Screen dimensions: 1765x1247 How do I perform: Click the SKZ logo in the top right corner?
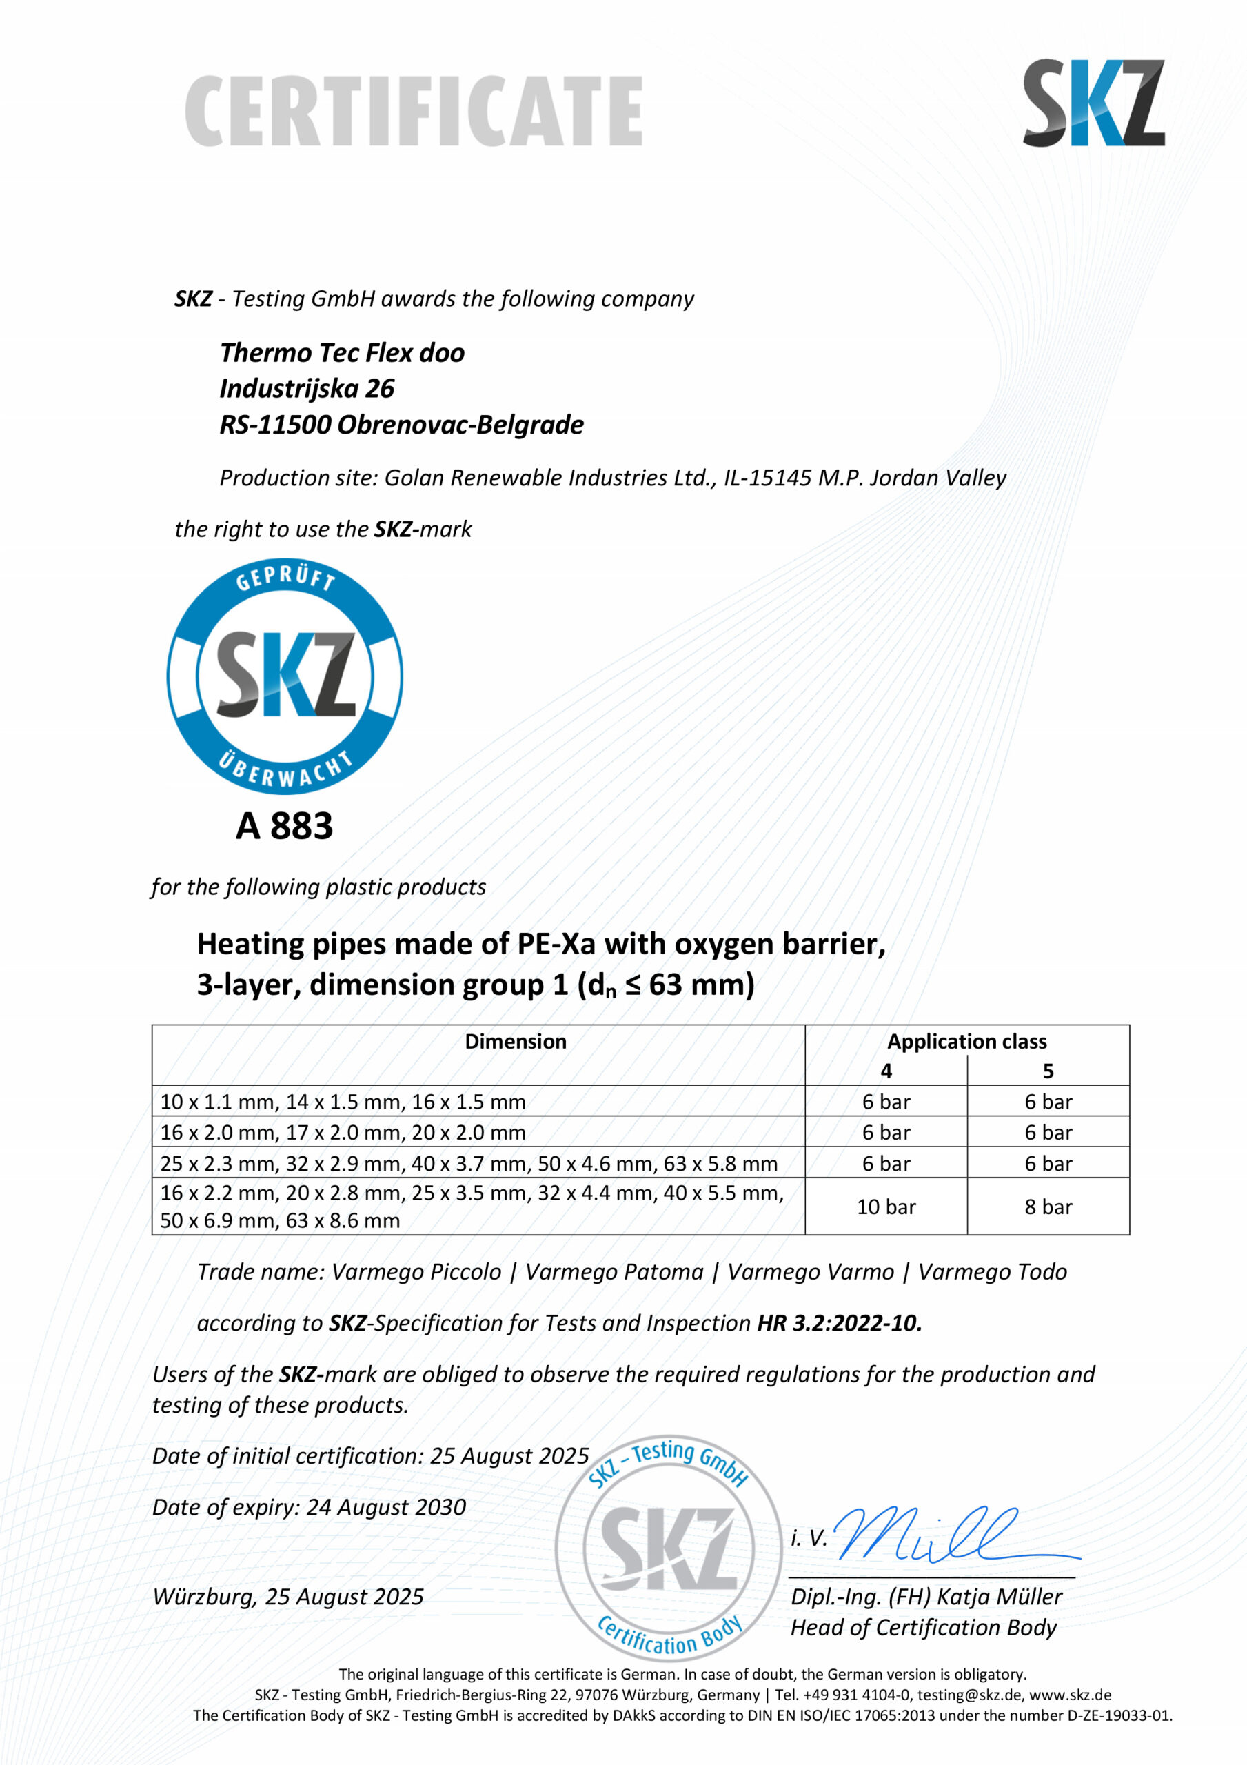click(1093, 103)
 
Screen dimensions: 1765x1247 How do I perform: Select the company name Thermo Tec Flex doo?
click(342, 353)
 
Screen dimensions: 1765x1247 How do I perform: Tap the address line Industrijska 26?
click(307, 388)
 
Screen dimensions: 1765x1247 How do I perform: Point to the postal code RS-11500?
click(274, 424)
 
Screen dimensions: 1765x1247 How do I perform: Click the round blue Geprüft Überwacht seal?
click(285, 676)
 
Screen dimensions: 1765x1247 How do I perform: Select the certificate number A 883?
click(284, 825)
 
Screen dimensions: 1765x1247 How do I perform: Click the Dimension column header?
click(515, 1041)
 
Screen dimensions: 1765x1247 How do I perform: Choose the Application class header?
click(966, 1041)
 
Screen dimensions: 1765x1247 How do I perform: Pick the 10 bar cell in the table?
click(886, 1207)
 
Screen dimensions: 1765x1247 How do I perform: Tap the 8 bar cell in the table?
click(1048, 1207)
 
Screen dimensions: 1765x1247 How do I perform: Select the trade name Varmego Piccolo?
click(416, 1271)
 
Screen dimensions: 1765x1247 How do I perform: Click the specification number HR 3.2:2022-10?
click(840, 1323)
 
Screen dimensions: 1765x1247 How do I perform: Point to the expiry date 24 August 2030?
click(386, 1506)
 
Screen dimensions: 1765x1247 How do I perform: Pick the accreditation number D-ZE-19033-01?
click(1119, 1715)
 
